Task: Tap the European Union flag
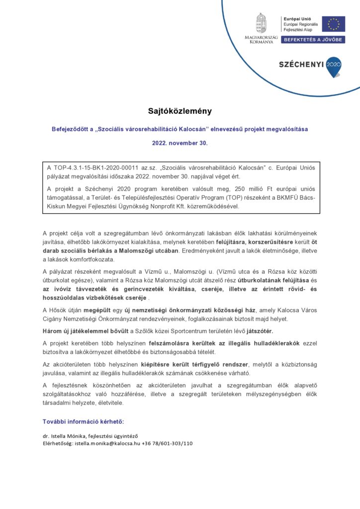pyautogui.click(x=333, y=24)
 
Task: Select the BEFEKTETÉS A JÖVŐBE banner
pyautogui.click(x=313, y=39)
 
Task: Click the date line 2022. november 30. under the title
pyautogui.click(x=180, y=143)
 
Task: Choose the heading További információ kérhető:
pyautogui.click(x=83, y=422)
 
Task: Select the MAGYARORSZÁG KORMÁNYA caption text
pyautogui.click(x=261, y=39)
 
